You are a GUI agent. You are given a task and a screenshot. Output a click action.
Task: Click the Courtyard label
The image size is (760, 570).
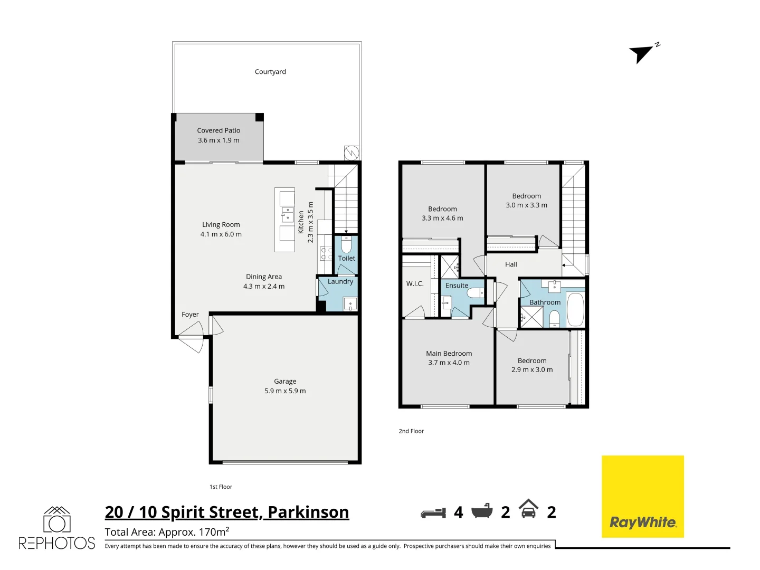[x=270, y=72]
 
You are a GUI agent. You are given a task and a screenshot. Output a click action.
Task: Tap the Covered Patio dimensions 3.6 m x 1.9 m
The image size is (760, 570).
[x=218, y=140]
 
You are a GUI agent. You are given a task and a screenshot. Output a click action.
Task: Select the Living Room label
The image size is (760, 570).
[x=221, y=224]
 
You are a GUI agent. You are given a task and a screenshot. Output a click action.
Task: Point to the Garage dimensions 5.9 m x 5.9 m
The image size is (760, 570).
[x=285, y=391]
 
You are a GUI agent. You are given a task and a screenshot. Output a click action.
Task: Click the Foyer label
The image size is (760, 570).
[x=190, y=315]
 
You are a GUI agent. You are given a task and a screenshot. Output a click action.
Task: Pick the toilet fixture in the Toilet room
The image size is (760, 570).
[x=346, y=245]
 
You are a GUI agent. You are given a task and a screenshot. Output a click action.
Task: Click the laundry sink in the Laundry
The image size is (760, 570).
[x=350, y=304]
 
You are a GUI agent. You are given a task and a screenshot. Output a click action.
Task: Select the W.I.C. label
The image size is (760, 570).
[x=415, y=284]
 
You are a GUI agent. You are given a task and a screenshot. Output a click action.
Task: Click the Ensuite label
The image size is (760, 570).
[x=457, y=286]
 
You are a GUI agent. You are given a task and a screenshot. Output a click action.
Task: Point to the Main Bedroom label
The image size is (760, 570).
[x=449, y=354]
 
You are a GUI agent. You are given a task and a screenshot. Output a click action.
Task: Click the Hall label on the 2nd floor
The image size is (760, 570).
[x=511, y=264]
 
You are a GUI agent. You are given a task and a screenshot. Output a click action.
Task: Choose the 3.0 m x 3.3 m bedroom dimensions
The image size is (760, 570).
[x=526, y=205]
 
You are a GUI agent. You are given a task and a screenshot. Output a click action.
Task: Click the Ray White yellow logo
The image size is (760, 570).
[x=642, y=497]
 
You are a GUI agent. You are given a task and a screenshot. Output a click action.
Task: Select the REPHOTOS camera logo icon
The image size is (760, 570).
[x=56, y=520]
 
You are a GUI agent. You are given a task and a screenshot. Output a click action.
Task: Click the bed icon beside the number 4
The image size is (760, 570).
[x=433, y=512]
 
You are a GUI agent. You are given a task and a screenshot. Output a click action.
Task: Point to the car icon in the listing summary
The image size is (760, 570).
[x=528, y=509]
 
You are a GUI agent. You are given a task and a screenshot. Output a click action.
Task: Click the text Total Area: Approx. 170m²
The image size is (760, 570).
[x=167, y=532]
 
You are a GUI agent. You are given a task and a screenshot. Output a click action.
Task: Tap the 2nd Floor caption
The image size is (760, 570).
[x=411, y=431]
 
